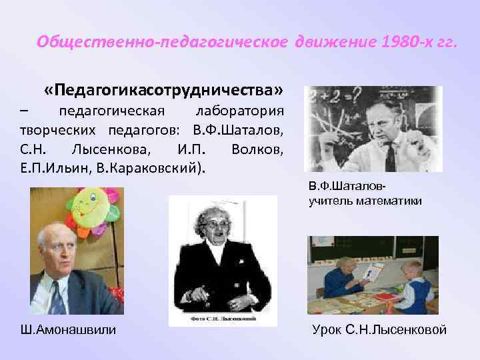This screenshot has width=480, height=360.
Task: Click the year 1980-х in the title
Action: click(x=401, y=43)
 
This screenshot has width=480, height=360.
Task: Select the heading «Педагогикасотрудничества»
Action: click(x=164, y=89)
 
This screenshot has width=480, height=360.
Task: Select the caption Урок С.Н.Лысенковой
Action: click(x=379, y=329)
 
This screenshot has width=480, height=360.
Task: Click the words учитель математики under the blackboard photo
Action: click(x=365, y=201)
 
